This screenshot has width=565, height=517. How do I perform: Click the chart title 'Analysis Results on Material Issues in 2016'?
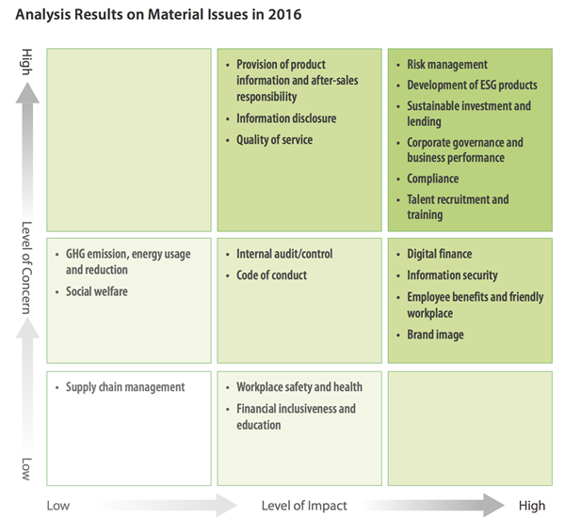coord(158,15)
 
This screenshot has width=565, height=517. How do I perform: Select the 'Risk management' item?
coord(447,65)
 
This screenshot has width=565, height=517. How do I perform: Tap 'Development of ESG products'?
coord(472,86)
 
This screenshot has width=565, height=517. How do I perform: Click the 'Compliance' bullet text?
coord(433,179)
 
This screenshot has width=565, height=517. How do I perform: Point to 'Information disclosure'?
coord(286,118)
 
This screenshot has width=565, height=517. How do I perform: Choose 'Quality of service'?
coord(274,140)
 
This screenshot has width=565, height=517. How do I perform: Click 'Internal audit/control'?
coord(284,254)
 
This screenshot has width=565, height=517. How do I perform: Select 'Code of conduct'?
coord(272,275)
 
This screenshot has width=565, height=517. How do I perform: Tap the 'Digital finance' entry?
coord(439,254)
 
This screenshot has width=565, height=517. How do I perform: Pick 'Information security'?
coord(452,275)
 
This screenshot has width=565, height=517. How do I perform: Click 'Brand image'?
coord(435,335)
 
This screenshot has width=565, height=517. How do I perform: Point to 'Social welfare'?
coord(97,291)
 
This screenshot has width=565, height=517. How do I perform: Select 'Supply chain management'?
coord(125,387)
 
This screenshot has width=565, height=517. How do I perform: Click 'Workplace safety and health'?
coord(299,387)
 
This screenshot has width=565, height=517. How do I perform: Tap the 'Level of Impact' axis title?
coord(304,506)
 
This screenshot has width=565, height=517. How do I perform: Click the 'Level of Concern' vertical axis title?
coord(27,268)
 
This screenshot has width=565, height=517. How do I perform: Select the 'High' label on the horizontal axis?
coord(532,506)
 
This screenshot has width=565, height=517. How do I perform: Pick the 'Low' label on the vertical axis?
coord(27,469)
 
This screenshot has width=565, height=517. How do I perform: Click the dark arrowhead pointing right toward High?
coord(493,505)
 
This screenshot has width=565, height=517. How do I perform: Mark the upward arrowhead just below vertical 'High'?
coord(27,93)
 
